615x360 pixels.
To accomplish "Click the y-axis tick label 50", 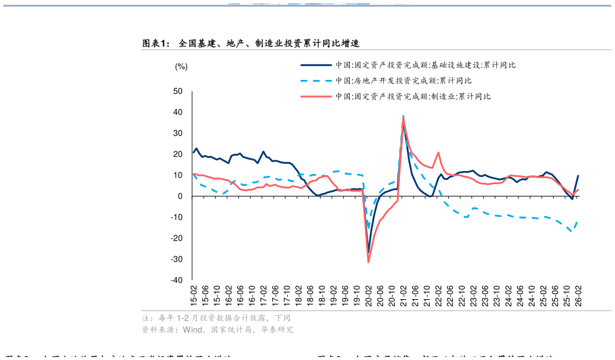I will (178, 91).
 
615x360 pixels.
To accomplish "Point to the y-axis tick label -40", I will (176, 280).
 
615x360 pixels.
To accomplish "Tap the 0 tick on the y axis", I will (180, 196).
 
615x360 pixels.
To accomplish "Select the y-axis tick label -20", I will (176, 238).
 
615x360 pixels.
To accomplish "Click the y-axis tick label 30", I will (178, 134).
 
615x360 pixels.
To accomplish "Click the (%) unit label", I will (181, 67).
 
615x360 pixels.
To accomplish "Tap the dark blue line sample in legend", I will (316, 65).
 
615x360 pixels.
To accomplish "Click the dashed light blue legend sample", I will (316, 80).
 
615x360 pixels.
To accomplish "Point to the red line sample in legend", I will (316, 96).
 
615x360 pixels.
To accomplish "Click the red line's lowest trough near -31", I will (368, 262).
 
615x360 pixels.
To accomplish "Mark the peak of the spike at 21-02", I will (403, 116).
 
